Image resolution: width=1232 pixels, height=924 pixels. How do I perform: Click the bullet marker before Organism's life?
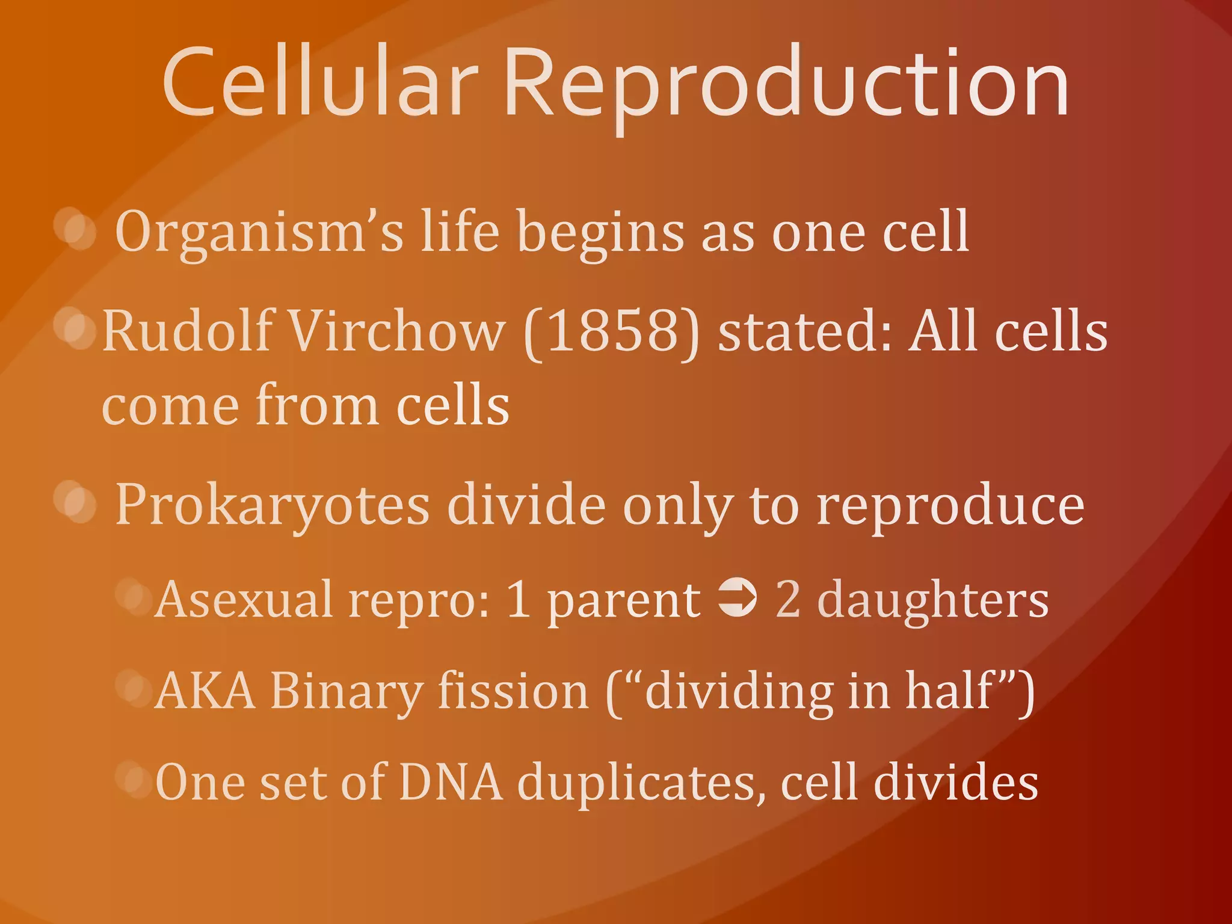click(x=76, y=229)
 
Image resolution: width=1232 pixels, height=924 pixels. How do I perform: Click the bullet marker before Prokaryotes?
click(x=76, y=502)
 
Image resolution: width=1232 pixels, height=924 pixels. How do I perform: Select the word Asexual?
click(x=244, y=599)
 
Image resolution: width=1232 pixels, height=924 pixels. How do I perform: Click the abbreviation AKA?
click(x=205, y=692)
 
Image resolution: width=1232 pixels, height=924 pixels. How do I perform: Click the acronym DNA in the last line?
click(x=451, y=783)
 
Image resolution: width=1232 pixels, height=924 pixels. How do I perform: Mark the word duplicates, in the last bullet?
click(x=641, y=784)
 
